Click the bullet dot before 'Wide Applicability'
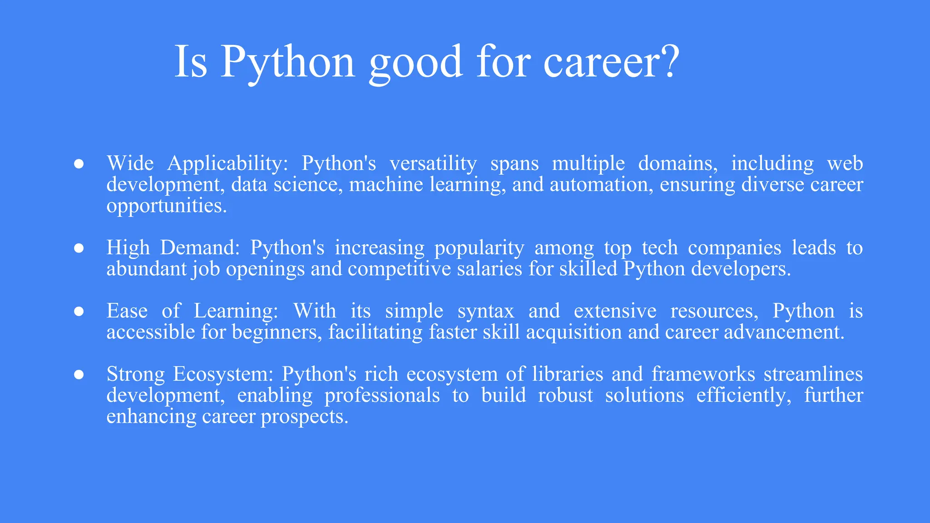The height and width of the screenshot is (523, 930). click(79, 164)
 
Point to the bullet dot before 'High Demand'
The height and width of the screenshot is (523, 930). click(79, 248)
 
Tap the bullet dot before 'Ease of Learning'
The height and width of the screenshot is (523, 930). click(79, 311)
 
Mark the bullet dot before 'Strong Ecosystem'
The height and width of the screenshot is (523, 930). click(79, 375)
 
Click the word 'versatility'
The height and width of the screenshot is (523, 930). click(433, 163)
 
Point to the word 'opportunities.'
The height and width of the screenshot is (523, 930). click(167, 206)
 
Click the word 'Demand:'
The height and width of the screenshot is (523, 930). click(200, 248)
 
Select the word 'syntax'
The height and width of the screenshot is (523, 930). click(486, 311)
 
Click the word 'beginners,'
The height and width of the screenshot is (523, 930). click(277, 332)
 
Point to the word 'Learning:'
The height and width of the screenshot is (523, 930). click(236, 311)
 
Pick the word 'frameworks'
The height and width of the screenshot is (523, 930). click(703, 375)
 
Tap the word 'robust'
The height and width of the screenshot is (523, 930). click(565, 395)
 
